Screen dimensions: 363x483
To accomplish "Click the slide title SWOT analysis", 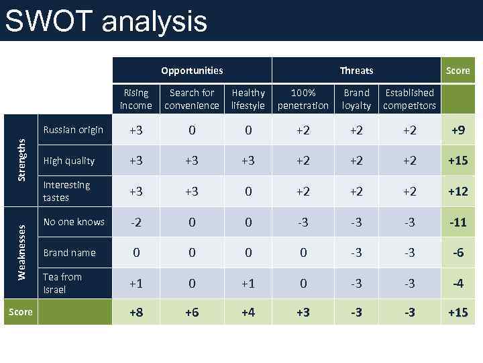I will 106,21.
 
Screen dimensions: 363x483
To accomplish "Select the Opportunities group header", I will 192,71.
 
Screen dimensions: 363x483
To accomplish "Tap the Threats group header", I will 356,71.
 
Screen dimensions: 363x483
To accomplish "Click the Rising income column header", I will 136,99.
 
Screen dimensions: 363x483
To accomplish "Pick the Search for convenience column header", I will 192,99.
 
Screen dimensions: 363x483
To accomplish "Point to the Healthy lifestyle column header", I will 248,99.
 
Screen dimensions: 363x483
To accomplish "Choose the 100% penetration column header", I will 303,99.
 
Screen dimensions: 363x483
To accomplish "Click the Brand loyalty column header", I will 356,99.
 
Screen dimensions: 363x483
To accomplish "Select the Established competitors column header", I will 409,99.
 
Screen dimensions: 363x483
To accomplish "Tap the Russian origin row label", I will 73,130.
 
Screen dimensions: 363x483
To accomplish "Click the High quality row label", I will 69,161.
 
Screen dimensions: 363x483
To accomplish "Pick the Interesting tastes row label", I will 66,191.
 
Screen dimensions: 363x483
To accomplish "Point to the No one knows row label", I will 74,222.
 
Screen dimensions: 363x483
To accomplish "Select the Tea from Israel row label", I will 62,283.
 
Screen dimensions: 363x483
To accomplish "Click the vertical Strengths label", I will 21,160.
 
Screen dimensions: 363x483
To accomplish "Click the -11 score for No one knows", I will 458,222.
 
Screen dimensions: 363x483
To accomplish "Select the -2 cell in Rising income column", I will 136,222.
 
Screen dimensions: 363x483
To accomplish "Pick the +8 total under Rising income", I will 136,312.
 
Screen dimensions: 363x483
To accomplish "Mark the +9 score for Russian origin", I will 458,130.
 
